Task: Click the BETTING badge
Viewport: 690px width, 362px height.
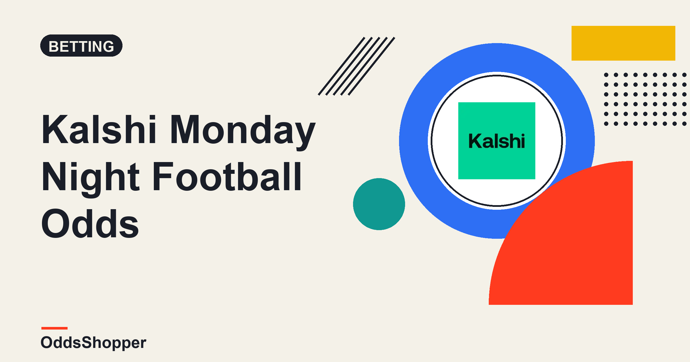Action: pos(81,46)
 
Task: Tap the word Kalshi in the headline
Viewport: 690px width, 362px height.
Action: pos(99,129)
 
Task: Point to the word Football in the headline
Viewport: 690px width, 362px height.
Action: pos(227,176)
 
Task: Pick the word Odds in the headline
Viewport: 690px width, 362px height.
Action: pos(90,224)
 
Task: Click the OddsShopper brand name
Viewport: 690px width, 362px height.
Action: pos(93,343)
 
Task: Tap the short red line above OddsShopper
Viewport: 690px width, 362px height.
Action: pos(54,328)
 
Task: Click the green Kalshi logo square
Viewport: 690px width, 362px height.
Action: pos(497,141)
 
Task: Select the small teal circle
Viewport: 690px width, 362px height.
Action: pos(379,204)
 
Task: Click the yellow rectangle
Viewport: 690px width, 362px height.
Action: pos(623,43)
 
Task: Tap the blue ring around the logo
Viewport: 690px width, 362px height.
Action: pos(414,141)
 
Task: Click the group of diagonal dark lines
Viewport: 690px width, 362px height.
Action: pos(356,66)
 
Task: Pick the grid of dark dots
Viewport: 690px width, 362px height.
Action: pos(645,99)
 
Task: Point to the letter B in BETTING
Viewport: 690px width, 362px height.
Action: pos(54,47)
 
